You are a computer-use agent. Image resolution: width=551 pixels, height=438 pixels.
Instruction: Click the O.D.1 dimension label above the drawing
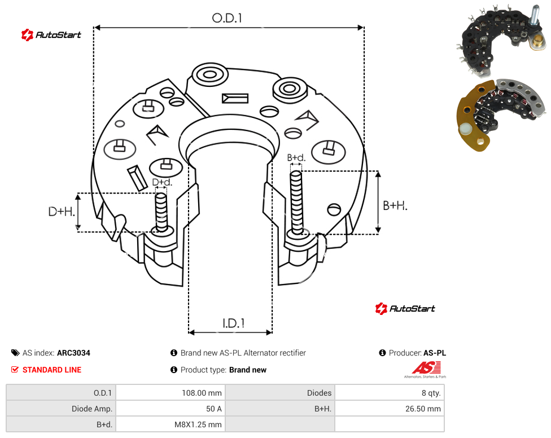[227, 18]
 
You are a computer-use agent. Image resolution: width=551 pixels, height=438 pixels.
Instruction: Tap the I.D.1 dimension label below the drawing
[233, 323]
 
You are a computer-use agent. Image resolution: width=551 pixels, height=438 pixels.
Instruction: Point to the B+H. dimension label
[395, 205]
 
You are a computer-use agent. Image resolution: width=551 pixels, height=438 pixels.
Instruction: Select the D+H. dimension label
[62, 212]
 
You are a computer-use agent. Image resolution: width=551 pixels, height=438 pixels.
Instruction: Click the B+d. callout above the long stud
[296, 157]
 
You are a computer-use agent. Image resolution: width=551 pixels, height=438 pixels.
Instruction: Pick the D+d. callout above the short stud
[162, 182]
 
